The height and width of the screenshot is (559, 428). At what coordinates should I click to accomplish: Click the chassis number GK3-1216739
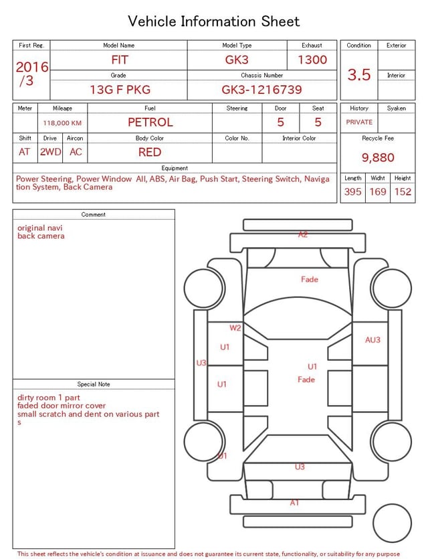[261, 90]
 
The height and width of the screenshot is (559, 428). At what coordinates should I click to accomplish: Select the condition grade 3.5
[359, 75]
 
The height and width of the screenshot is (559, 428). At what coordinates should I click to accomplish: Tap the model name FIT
[119, 60]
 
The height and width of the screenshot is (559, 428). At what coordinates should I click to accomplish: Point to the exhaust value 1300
[312, 60]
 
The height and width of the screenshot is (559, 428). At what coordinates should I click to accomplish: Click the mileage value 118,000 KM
[62, 123]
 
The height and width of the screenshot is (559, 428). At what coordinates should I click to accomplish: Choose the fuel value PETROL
[150, 123]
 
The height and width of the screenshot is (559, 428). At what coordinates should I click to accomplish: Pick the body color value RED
[150, 152]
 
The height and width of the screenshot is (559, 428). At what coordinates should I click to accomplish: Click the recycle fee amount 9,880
[378, 157]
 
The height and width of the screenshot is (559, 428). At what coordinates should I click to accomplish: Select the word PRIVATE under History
[359, 122]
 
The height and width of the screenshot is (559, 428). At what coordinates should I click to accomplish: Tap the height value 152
[403, 191]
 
